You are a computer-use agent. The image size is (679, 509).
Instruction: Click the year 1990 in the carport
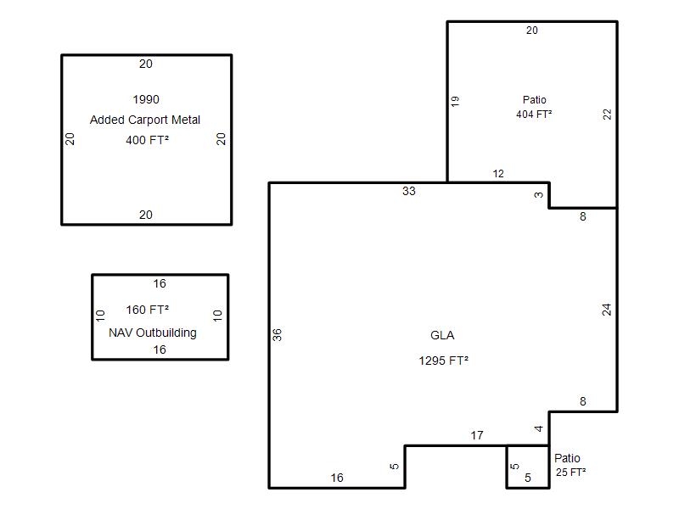pyautogui.click(x=146, y=99)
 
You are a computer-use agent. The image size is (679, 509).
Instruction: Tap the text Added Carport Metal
pyautogui.click(x=145, y=120)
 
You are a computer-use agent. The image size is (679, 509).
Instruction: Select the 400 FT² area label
pyautogui.click(x=147, y=140)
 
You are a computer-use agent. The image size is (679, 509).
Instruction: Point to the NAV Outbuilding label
pyautogui.click(x=153, y=333)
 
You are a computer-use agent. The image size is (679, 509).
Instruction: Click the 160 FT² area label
pyautogui.click(x=147, y=310)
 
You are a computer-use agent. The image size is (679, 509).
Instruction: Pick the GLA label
pyautogui.click(x=442, y=335)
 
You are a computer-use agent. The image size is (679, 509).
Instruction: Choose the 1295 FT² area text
pyautogui.click(x=443, y=361)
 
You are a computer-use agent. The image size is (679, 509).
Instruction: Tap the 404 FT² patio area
pyautogui.click(x=534, y=115)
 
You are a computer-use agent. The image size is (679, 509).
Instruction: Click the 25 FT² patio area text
pyautogui.click(x=570, y=473)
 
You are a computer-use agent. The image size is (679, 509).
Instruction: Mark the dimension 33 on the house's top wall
pyautogui.click(x=409, y=191)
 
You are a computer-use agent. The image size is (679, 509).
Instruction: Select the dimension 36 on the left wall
pyautogui.click(x=278, y=334)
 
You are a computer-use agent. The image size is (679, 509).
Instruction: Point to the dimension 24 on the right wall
pyautogui.click(x=607, y=310)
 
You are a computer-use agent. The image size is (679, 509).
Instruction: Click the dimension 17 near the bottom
pyautogui.click(x=477, y=435)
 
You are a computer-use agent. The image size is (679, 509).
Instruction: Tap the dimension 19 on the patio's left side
pyautogui.click(x=455, y=101)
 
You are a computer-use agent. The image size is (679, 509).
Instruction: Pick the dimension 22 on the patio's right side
pyautogui.click(x=608, y=115)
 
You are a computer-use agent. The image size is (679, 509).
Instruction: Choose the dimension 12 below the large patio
pyautogui.click(x=498, y=174)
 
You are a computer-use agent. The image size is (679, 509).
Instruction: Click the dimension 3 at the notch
pyautogui.click(x=539, y=195)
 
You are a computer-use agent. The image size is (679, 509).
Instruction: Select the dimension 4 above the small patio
pyautogui.click(x=539, y=428)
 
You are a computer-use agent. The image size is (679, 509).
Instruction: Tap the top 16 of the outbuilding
pyautogui.click(x=160, y=283)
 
